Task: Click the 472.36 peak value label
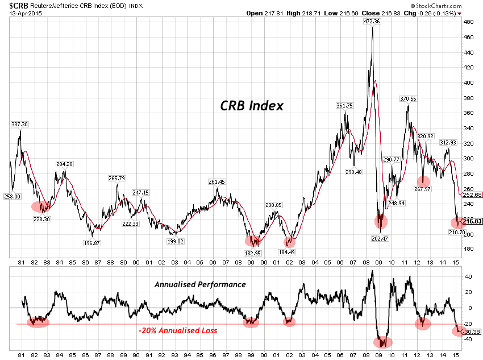[372, 22]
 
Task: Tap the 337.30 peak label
[19, 124]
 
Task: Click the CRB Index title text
[251, 106]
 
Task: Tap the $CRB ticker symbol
[11, 5]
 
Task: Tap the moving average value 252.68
[472, 195]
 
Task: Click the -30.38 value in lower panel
[472, 332]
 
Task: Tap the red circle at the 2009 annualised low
[385, 342]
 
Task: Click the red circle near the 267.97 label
[423, 184]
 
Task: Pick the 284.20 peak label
[64, 164]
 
